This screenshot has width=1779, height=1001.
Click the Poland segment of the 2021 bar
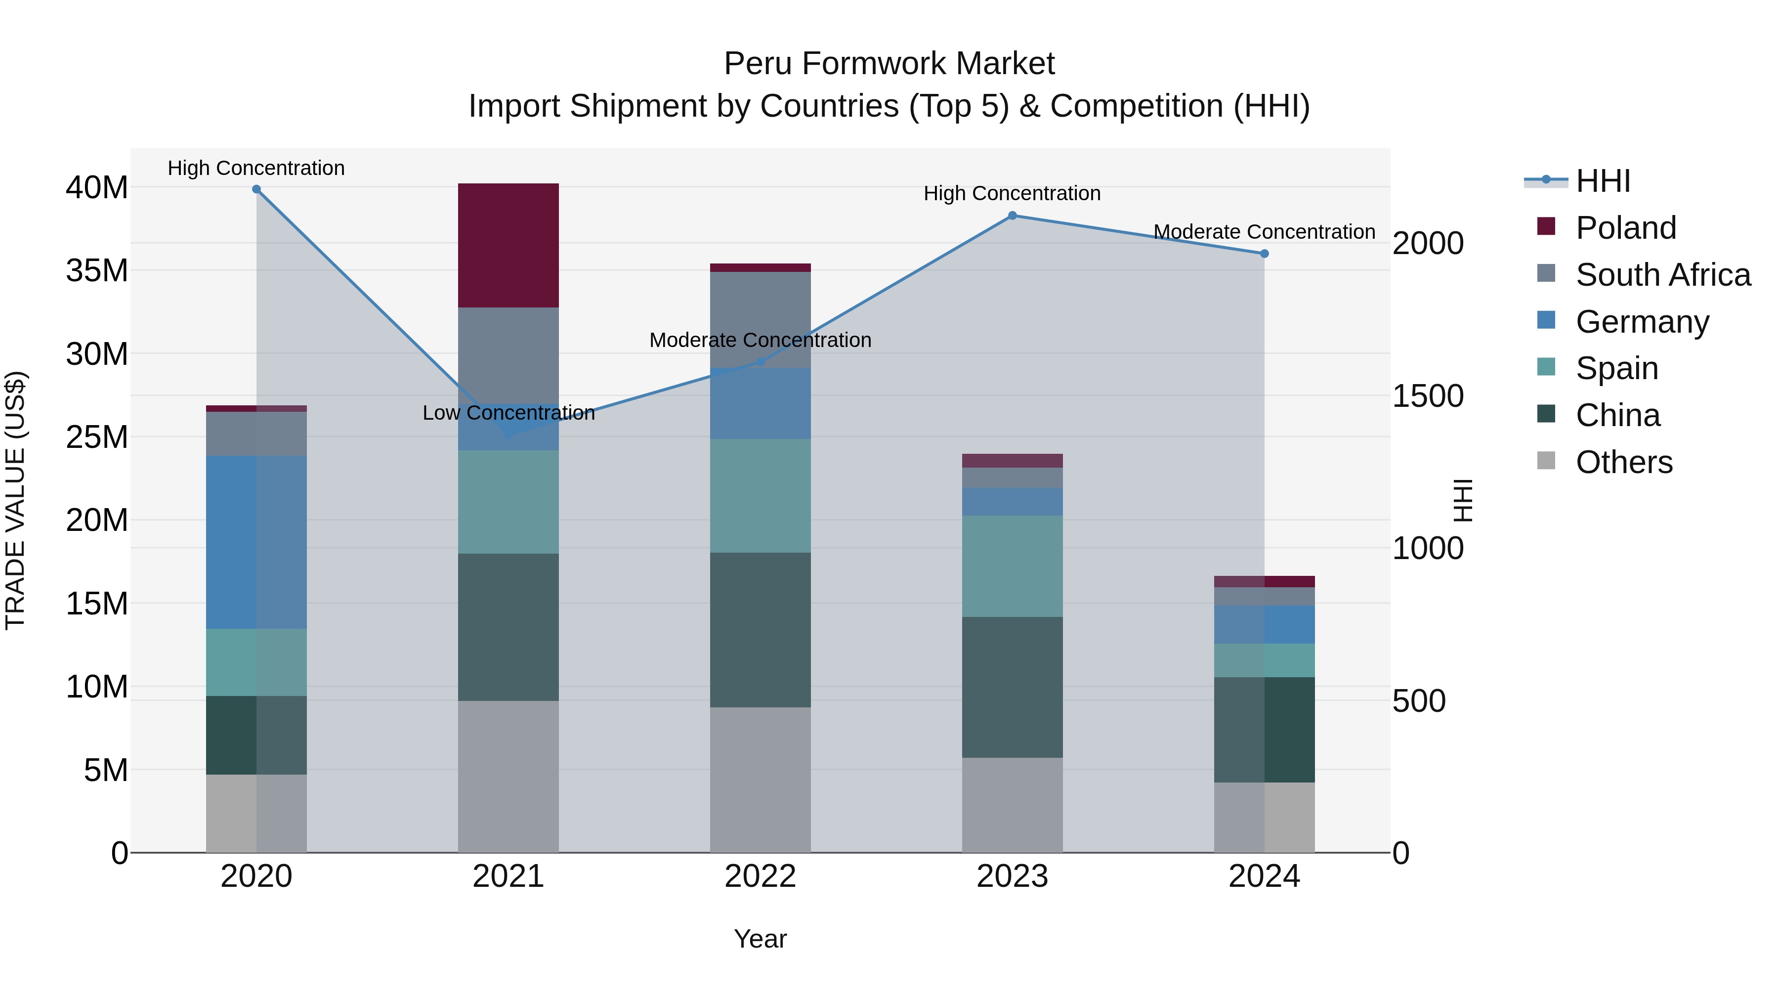pos(508,245)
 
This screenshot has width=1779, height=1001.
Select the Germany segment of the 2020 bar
pos(256,542)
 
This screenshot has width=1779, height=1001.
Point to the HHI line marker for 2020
pos(256,189)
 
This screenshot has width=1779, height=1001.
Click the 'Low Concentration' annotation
pos(508,413)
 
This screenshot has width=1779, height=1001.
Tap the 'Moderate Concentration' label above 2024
pos(1264,232)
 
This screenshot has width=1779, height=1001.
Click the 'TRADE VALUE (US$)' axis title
pos(16,500)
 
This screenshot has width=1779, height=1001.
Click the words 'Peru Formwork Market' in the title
pos(889,64)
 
